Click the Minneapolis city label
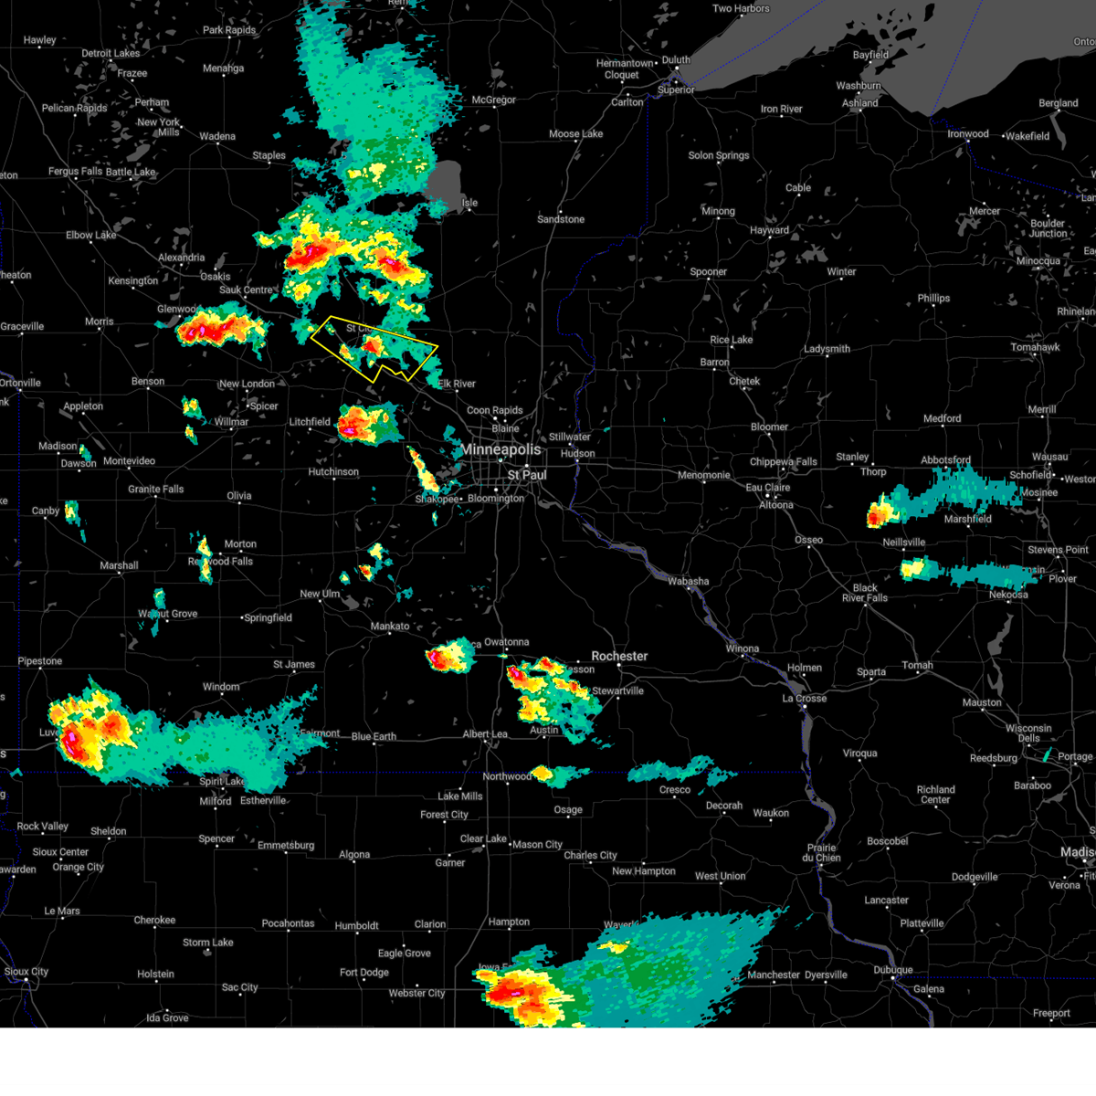[501, 450]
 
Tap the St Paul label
[527, 475]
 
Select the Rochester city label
[619, 657]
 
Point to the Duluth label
[676, 60]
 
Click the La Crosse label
[804, 699]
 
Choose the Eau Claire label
[767, 488]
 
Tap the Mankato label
[390, 627]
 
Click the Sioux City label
[26, 972]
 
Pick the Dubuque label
[892, 970]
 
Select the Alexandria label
[182, 258]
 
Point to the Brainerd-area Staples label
[269, 156]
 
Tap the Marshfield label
[967, 519]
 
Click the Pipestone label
[40, 661]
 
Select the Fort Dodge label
[364, 973]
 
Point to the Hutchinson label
[333, 472]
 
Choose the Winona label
[742, 649]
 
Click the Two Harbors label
[741, 9]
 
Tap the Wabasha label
[688, 582]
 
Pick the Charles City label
[590, 856]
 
